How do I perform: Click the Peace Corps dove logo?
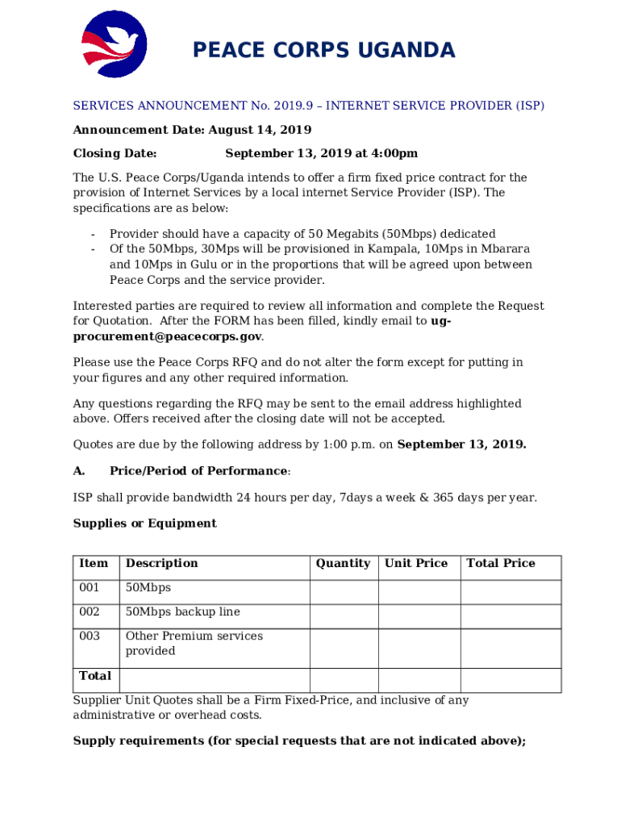pos(114,44)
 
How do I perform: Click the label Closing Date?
pos(115,153)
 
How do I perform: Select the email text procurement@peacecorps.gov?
pos(167,336)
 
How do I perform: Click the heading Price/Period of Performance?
pos(198,471)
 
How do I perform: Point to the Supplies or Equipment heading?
pos(144,524)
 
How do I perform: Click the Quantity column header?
pos(343,564)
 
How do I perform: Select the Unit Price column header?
pos(416,564)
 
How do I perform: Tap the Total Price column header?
pos(501,564)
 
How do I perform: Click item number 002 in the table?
pos(90,612)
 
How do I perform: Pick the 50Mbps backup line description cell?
pos(182,612)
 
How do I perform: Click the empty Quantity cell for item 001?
pos(344,592)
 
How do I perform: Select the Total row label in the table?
pos(95,676)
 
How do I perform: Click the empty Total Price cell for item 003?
pos(511,648)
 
